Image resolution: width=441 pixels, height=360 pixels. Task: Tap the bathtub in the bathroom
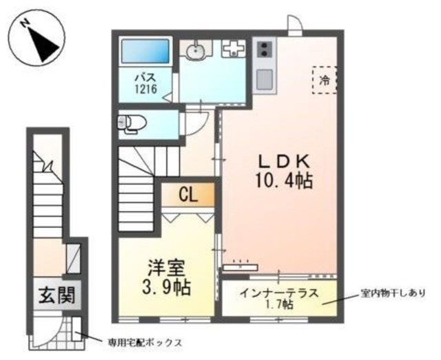(145, 52)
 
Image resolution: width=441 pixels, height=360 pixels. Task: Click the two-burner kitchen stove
(265, 50)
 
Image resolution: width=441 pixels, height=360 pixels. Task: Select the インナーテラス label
(279, 293)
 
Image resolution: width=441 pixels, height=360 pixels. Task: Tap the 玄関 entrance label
(53, 296)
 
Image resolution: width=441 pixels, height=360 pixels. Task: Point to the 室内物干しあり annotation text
(393, 292)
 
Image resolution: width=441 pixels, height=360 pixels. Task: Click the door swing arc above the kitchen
(294, 25)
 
